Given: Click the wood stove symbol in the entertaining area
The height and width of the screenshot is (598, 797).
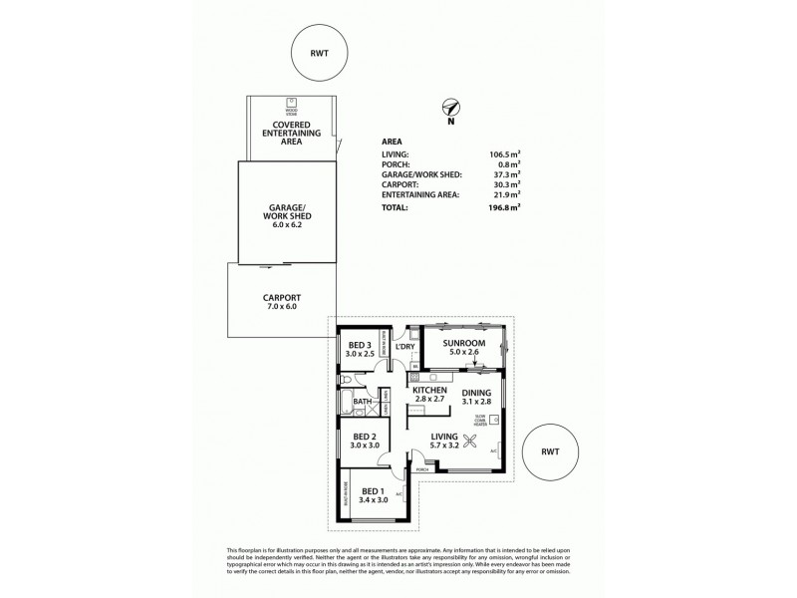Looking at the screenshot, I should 294,102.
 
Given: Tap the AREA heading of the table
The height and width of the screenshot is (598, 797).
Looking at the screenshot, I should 392,143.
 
